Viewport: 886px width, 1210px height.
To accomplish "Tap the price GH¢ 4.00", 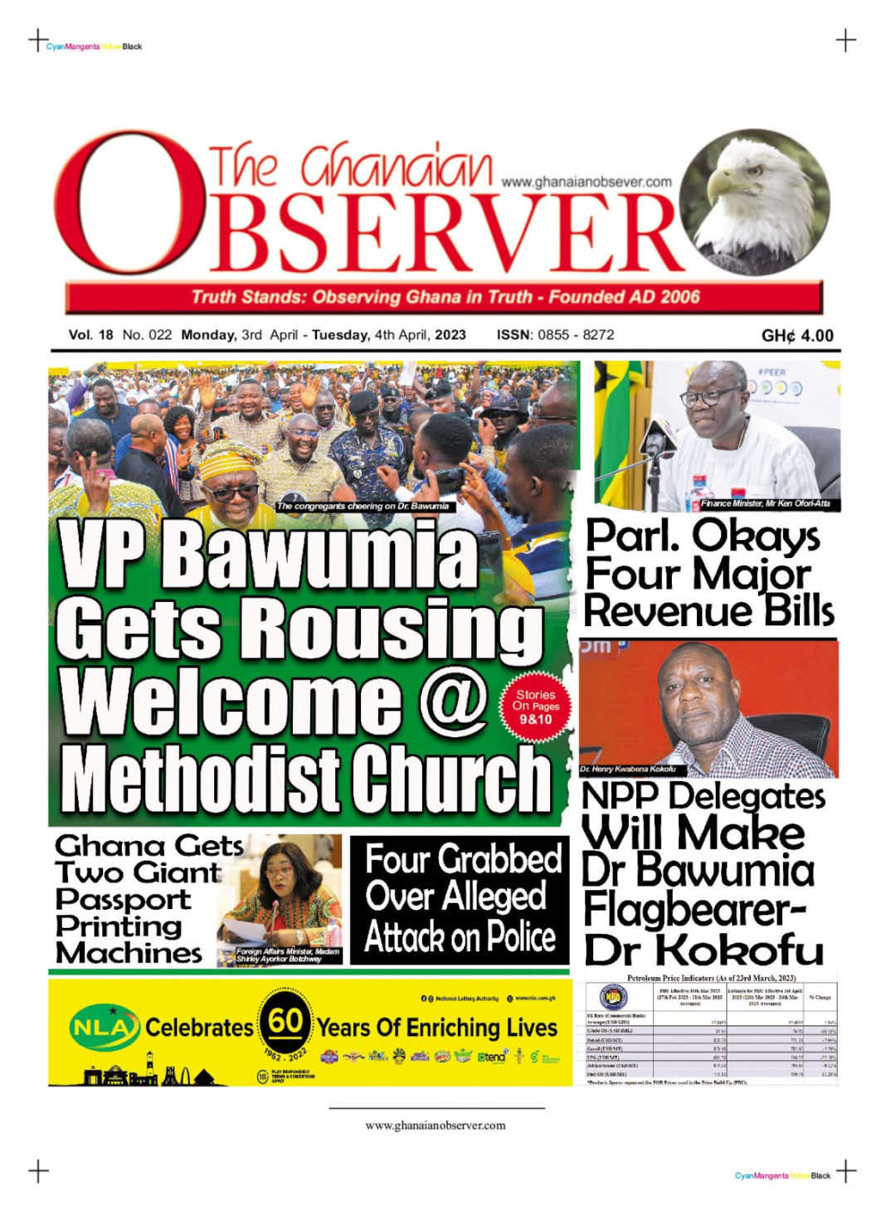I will coord(797,336).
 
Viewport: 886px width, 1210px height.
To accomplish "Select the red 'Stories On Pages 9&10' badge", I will coord(535,707).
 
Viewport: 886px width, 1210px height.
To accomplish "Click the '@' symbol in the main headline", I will coord(454,699).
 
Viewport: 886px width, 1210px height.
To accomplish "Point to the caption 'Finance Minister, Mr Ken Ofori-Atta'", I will coord(765,503).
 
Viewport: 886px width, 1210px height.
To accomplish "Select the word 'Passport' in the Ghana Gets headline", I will coord(123,900).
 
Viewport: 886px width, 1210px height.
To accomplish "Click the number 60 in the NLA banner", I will coord(285,1021).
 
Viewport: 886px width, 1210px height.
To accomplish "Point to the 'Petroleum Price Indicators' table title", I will coord(711,979).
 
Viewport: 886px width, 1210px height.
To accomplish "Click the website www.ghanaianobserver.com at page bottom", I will coord(436,1125).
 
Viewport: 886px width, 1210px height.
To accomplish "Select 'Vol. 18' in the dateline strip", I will coord(90,335).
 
